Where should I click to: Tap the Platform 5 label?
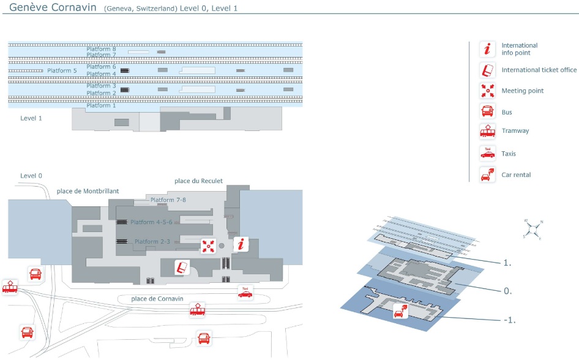[62, 71]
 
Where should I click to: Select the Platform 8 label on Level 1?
[101, 49]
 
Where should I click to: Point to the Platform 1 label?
[101, 106]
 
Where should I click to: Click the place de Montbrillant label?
[88, 191]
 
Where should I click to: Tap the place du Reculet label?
[198, 181]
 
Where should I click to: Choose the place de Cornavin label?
[156, 299]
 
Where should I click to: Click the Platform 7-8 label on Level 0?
[168, 200]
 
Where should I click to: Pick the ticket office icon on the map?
[182, 268]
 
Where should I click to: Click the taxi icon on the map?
[245, 293]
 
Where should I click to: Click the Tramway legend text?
[515, 131]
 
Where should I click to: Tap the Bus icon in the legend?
[487, 111]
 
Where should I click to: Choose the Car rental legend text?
[516, 175]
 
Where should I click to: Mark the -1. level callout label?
[509, 319]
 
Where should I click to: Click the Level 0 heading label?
[31, 176]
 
